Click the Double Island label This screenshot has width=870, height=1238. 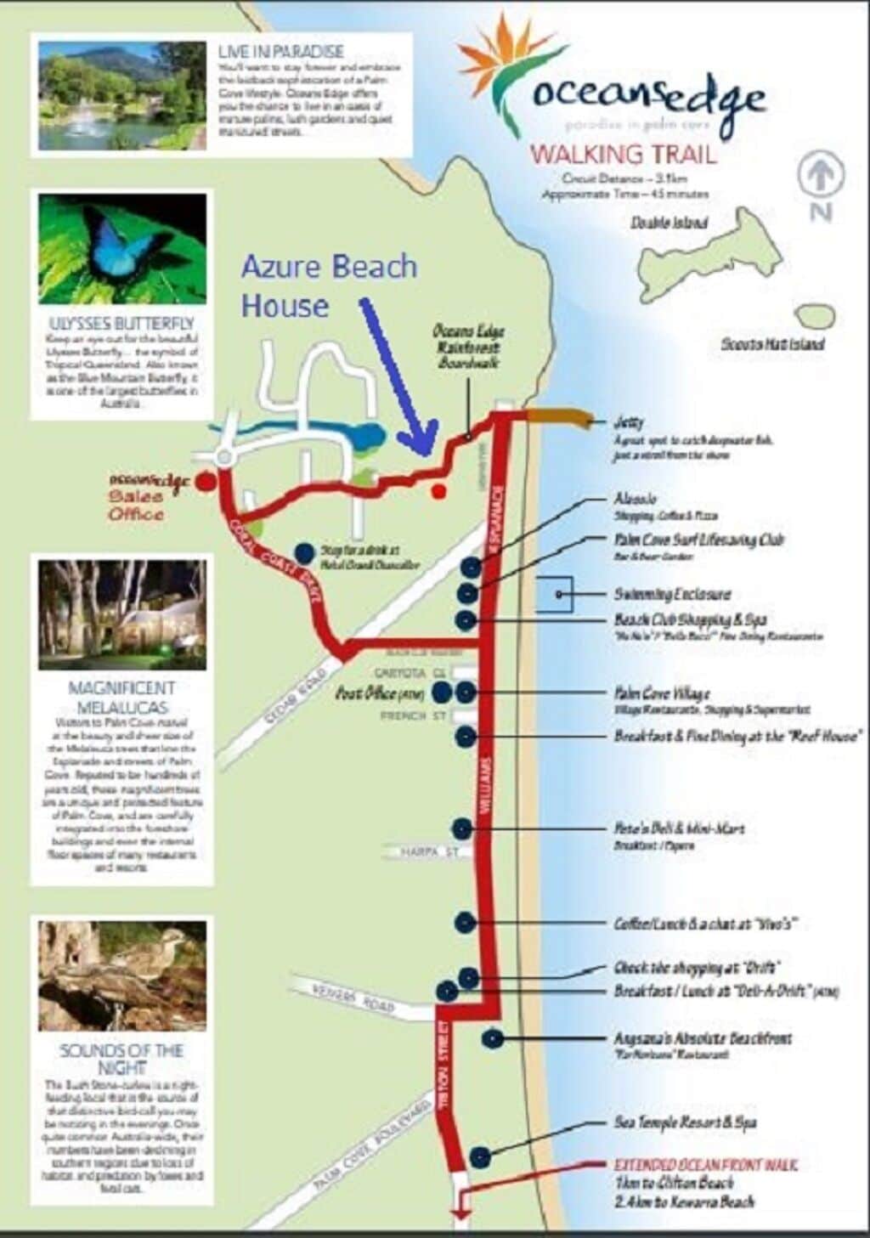tap(669, 223)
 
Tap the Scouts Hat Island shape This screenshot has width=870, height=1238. tap(815, 316)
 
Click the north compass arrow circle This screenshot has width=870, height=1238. tap(820, 175)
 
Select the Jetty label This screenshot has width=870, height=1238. tap(629, 422)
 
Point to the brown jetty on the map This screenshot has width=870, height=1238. tap(556, 416)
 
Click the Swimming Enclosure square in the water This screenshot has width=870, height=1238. tap(555, 594)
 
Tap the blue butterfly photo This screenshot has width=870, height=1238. tap(121, 248)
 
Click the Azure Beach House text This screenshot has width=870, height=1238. tap(328, 285)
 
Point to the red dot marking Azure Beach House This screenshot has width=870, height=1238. tap(438, 491)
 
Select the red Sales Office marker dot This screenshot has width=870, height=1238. tap(205, 482)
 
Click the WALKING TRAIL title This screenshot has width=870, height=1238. tap(623, 155)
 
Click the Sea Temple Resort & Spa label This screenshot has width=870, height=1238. tap(685, 1122)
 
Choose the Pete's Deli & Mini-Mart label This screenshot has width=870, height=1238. tap(679, 828)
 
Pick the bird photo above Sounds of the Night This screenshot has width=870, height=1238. tap(121, 975)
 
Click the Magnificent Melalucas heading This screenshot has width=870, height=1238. tap(121, 697)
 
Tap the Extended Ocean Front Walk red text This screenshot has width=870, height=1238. tap(706, 1165)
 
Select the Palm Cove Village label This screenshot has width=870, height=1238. tap(662, 693)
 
